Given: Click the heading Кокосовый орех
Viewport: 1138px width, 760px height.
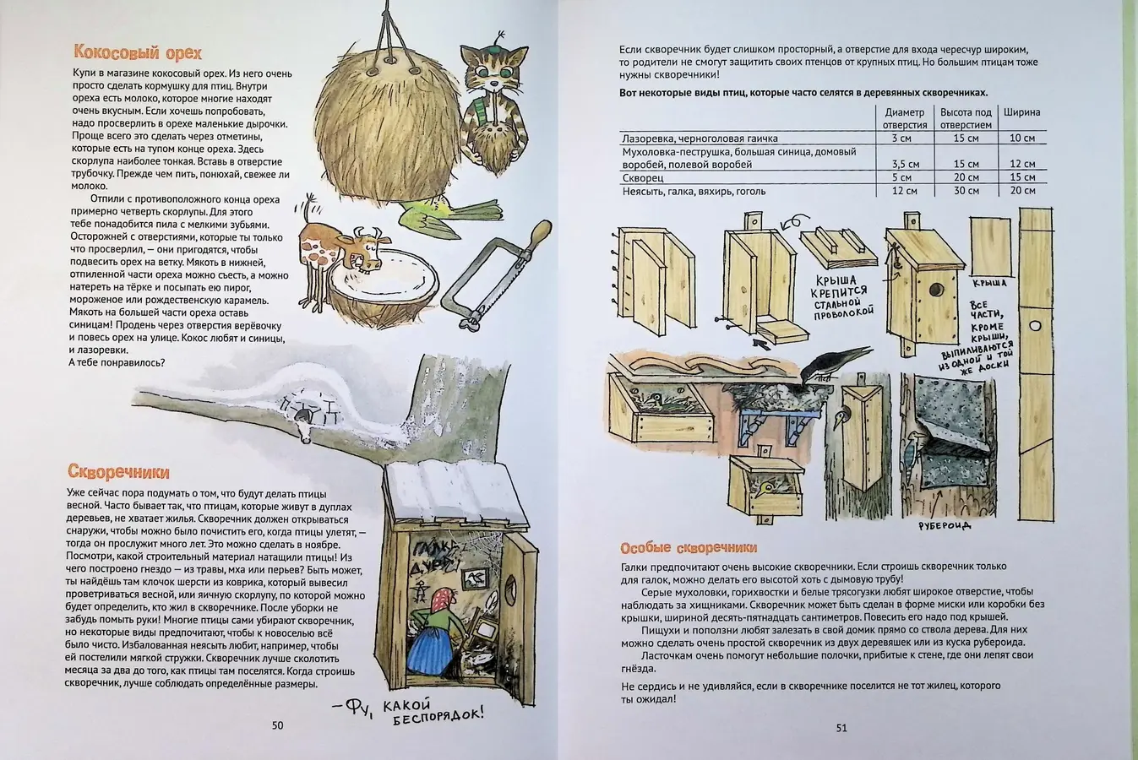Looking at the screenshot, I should point(137,53).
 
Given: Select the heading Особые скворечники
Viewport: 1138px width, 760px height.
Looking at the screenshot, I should point(688,547).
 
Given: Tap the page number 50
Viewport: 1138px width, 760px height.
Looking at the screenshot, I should point(277,725).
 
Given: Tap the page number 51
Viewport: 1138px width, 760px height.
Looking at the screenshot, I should point(841,727).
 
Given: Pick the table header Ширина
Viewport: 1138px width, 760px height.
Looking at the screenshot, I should point(1021,112).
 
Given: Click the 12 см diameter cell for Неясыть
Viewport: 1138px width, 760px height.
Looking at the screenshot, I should point(904,191).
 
